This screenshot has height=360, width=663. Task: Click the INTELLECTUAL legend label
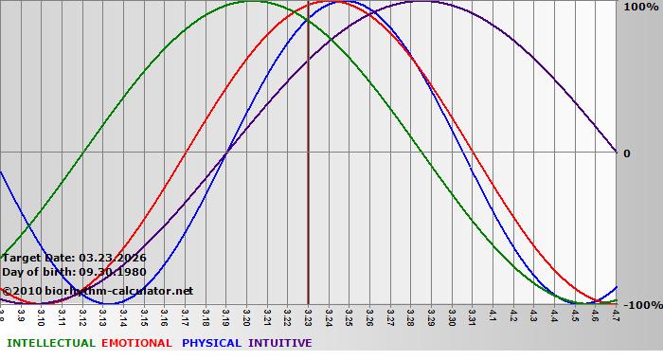pos(50,343)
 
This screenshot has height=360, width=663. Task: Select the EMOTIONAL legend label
pos(136,343)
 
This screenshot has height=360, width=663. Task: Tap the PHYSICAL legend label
pos(211,343)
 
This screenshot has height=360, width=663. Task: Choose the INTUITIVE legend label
pos(279,343)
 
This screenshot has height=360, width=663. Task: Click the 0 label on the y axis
pos(626,153)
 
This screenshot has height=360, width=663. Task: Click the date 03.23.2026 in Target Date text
pos(113,258)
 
